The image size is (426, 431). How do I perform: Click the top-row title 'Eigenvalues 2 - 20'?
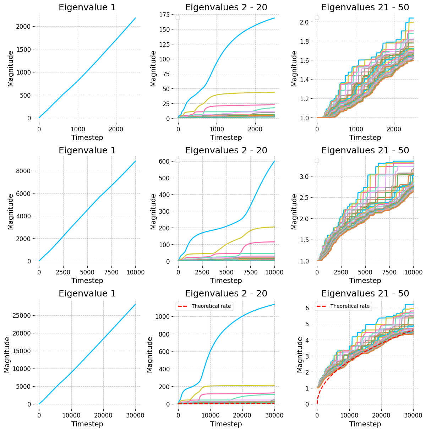pos(226,7)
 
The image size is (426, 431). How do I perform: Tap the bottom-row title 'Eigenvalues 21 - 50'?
pos(365,294)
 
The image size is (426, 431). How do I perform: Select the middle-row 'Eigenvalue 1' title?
pos(87,151)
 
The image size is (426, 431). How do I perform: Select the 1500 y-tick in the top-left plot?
pos(28,49)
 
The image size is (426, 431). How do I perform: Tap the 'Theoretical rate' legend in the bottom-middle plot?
pos(204,306)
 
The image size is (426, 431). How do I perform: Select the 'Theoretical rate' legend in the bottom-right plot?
pos(343,306)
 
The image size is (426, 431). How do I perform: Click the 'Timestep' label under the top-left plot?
pos(87,137)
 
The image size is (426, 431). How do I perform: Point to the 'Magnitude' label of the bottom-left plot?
pos(7,355)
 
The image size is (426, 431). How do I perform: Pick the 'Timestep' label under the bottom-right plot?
pos(365,424)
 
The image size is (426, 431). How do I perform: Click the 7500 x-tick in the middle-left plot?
pos(111,272)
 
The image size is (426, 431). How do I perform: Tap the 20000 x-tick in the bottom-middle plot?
pos(242,415)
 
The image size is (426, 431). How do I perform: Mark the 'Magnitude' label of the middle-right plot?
pos(295,212)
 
